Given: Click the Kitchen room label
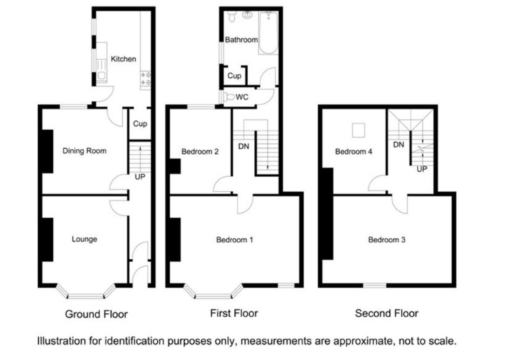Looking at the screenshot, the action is coord(123,59).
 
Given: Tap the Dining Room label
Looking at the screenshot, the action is coord(84,151).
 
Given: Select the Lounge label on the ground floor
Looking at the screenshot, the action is coord(84,239).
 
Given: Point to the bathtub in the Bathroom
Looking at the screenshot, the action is coord(268,33).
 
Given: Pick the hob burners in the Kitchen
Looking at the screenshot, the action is coord(146,79).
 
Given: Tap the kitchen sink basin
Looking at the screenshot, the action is coord(102,76).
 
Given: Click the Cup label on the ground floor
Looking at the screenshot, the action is coord(140,124).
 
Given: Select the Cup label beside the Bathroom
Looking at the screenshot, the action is coord(234,76).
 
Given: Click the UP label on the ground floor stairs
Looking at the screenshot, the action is coord(140,177).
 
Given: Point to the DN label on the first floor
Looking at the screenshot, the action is coord(244,146).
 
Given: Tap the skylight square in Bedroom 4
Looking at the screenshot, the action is coord(358,130).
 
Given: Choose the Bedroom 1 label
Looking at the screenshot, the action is coord(235,240).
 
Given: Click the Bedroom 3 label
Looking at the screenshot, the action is coord(387,240).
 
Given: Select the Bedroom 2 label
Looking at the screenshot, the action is coord(200,152).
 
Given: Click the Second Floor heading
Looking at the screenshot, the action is coord(386,313).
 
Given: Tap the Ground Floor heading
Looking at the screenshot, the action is coord(96,314).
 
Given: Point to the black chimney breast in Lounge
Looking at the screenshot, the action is coord(48,239).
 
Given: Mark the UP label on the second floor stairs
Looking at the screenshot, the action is coord(422,169).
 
